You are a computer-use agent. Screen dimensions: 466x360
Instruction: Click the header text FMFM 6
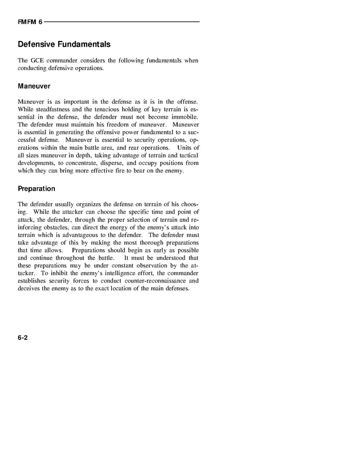(30, 22)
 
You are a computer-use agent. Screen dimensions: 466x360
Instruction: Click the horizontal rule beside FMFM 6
(122, 22)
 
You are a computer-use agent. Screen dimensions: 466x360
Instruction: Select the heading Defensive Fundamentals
(64, 45)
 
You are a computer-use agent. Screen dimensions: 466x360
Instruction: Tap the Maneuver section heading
(34, 86)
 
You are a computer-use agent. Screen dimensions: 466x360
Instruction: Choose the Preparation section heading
(36, 189)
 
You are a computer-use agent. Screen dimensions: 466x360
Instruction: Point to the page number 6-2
(22, 337)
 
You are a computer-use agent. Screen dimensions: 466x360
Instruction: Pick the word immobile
(185, 117)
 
